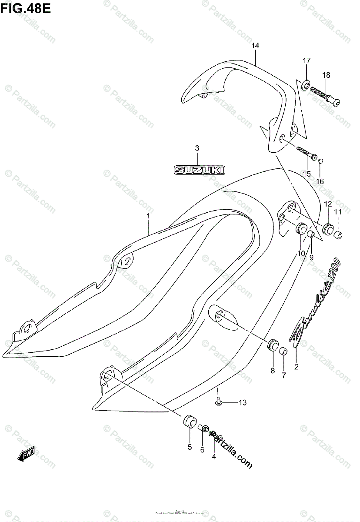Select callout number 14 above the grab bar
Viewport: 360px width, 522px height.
click(255, 46)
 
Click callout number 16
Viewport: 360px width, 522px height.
click(320, 181)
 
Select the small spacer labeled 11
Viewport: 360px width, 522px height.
click(338, 235)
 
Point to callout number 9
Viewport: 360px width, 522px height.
click(311, 257)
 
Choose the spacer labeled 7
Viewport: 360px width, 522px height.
click(283, 351)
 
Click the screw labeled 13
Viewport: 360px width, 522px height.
click(220, 403)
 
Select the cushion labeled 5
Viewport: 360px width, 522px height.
click(189, 422)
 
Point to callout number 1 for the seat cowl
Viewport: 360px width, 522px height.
click(148, 215)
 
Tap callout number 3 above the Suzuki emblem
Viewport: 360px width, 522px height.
click(197, 148)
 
